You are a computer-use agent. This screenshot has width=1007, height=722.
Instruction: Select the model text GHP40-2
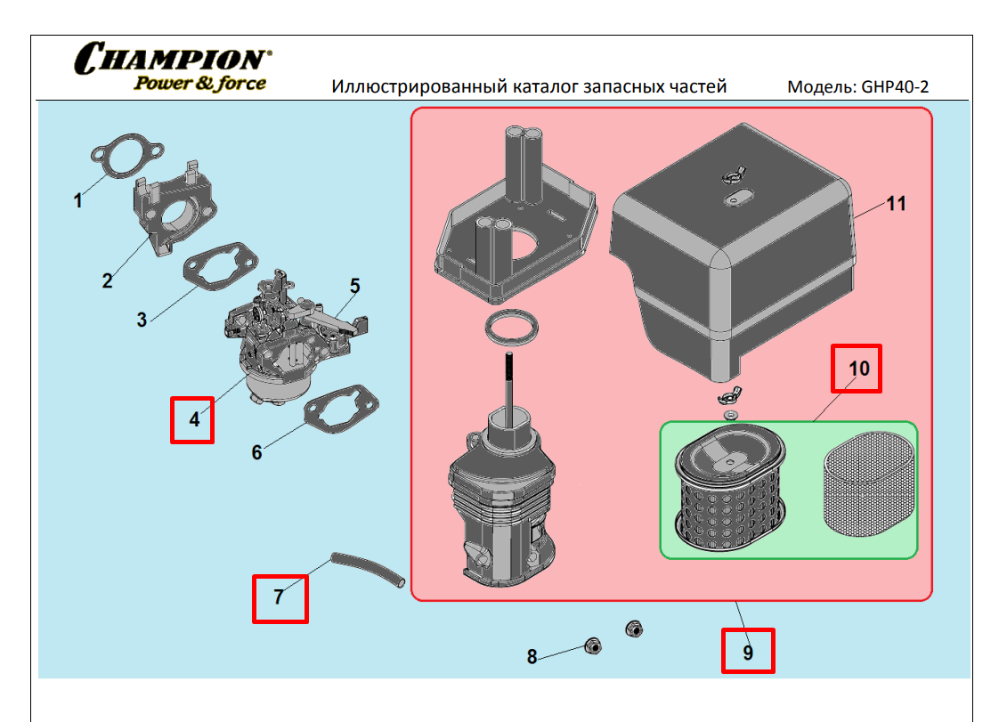[898, 87]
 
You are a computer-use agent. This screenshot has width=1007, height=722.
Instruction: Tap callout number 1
[78, 200]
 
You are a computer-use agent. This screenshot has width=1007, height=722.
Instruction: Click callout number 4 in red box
[193, 419]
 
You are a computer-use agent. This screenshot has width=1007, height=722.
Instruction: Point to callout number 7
[279, 597]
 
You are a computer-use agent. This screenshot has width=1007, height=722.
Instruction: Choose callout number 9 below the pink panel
[748, 652]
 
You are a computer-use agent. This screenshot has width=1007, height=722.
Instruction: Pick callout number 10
[857, 368]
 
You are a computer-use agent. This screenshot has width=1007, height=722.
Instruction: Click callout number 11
[897, 204]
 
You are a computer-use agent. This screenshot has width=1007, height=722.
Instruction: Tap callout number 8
[532, 657]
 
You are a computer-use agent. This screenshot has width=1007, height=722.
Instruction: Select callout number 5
[354, 286]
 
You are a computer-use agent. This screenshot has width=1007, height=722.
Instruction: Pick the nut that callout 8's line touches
[589, 645]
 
